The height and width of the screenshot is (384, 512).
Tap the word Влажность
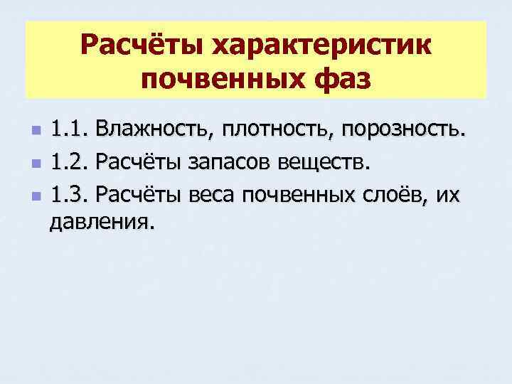[155, 131]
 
